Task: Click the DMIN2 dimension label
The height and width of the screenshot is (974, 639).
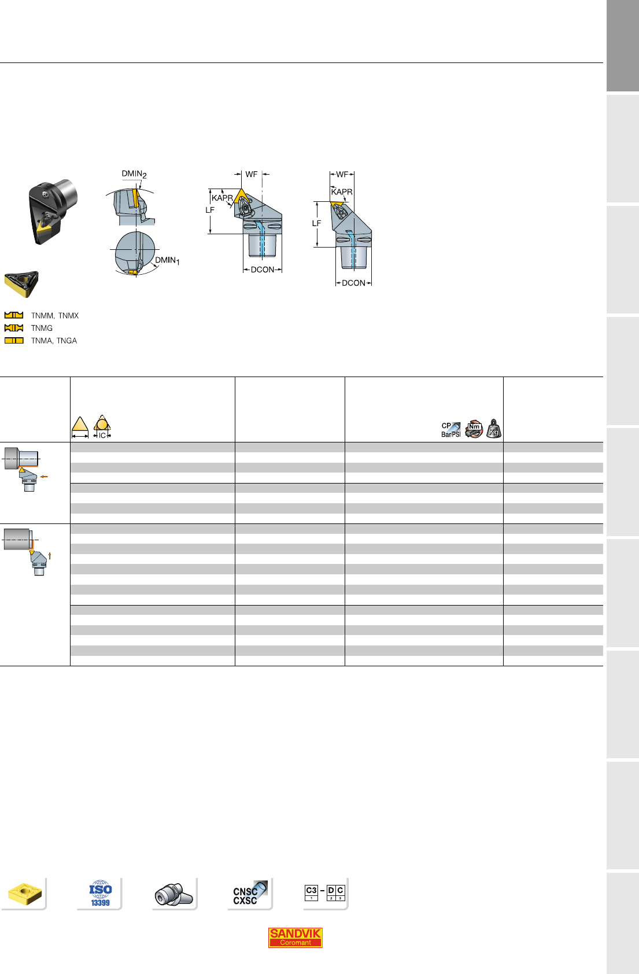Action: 134,174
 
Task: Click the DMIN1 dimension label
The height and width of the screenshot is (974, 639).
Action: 167,260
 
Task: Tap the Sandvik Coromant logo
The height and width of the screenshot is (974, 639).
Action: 296,938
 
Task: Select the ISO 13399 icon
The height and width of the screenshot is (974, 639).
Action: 101,894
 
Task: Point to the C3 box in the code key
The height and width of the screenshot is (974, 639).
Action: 311,892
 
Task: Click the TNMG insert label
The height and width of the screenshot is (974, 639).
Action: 42,329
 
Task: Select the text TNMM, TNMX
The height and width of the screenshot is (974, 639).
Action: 55,316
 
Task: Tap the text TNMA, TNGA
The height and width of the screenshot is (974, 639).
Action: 54,341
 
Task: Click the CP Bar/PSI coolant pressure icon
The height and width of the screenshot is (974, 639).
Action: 451,430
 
